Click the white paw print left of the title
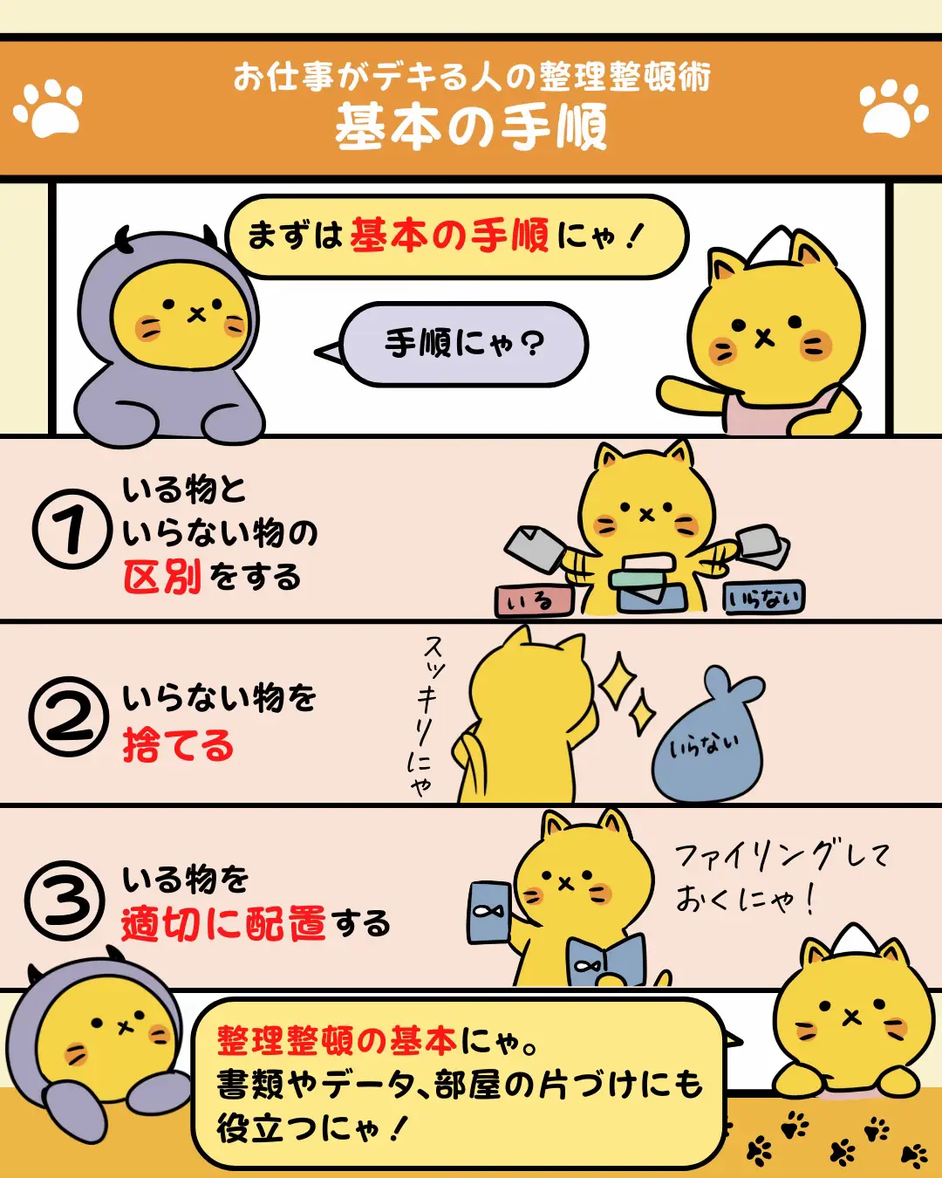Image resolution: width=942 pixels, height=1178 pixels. coord(48,108)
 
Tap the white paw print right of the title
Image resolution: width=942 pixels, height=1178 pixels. coord(893,108)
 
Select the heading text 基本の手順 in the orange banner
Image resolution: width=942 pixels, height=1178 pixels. coord(471,127)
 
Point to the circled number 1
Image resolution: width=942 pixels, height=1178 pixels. coord(72,529)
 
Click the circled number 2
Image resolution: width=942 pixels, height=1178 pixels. coord(69,716)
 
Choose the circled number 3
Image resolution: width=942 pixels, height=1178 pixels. coord(65,901)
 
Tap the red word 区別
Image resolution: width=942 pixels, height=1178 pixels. coord(162,577)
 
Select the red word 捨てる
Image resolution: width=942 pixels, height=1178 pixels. coord(178,744)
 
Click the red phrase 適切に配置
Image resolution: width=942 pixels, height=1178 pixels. coord(223,924)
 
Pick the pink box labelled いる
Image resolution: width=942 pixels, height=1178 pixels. coord(534,601)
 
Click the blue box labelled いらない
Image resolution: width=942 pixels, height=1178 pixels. coord(764,598)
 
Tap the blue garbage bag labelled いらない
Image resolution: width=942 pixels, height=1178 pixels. coord(706,736)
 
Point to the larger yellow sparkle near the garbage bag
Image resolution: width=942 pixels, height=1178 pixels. coord(618,681)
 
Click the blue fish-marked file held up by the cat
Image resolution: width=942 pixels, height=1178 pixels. coord(489,912)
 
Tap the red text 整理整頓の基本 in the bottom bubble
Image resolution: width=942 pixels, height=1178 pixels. coord(337,1041)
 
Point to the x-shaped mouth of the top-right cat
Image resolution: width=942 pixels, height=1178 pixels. coord(764,339)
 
